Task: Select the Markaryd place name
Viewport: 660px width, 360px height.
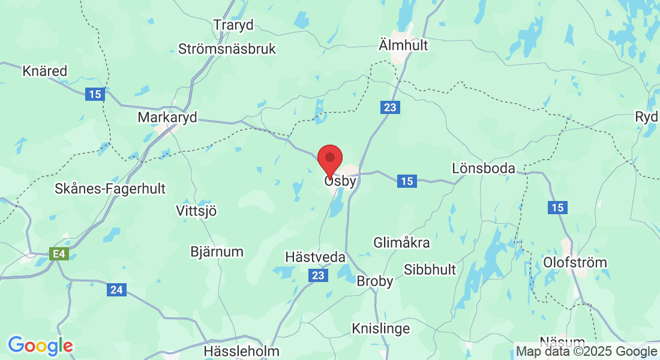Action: [167, 117]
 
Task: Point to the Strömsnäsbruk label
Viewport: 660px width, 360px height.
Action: [227, 49]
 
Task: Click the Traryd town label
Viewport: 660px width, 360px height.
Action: [233, 25]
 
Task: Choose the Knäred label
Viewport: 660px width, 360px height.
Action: [44, 71]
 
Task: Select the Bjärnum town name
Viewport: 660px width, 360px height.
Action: [217, 251]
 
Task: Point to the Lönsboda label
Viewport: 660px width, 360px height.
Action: [484, 169]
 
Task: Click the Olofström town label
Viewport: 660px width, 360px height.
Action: [574, 263]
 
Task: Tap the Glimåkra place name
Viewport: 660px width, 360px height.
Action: [401, 243]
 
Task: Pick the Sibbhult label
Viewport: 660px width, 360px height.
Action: [430, 269]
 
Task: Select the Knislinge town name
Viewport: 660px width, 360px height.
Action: [381, 328]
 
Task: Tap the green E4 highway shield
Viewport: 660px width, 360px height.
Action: [59, 254]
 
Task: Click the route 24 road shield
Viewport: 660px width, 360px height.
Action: [116, 290]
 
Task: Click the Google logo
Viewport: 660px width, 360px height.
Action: [40, 346]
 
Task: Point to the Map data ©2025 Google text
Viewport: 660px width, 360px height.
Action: [586, 352]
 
